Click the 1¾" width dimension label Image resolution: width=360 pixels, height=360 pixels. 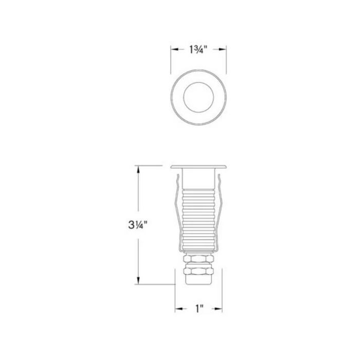point(199,49)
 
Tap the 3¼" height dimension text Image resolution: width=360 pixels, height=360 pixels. point(137,225)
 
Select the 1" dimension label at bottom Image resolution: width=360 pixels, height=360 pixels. point(200,309)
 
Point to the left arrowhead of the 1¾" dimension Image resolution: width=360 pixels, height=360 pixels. point(174,49)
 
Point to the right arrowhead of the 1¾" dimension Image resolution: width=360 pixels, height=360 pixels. point(223,49)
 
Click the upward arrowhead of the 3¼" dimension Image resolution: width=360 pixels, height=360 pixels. point(138,169)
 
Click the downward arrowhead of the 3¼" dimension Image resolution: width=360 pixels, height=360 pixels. point(138,281)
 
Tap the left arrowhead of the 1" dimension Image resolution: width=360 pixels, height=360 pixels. point(179,309)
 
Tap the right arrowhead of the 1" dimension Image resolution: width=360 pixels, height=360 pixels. point(219,309)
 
